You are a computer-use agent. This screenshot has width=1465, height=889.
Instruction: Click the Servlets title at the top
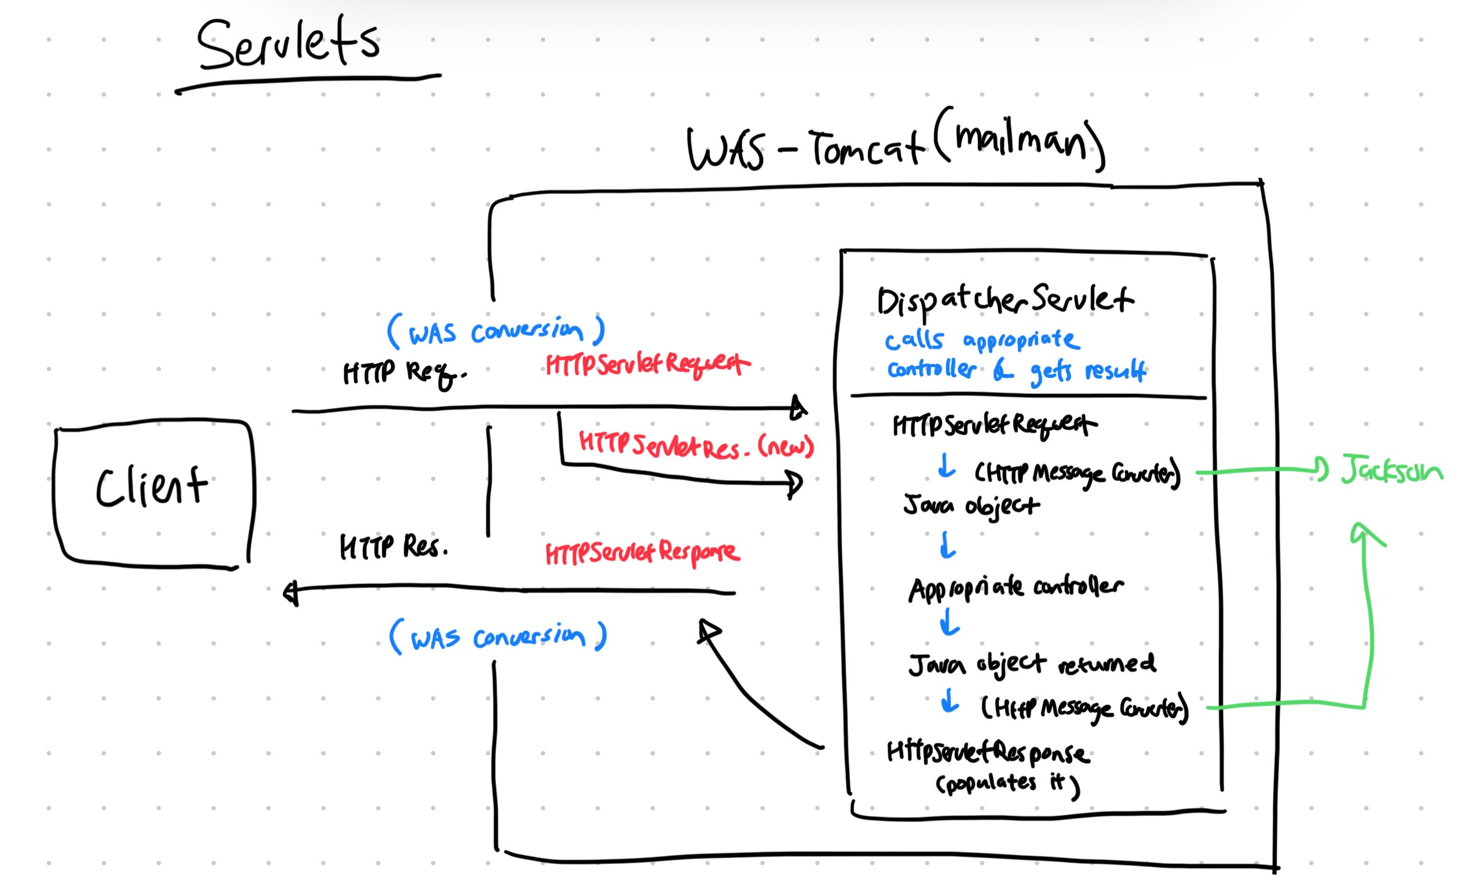(x=288, y=44)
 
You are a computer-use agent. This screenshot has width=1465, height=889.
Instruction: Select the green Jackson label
(x=1392, y=470)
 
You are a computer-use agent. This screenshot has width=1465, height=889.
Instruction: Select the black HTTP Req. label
(x=403, y=372)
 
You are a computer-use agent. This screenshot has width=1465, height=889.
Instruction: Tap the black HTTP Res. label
(x=393, y=546)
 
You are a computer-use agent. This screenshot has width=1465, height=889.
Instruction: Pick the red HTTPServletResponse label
(x=642, y=553)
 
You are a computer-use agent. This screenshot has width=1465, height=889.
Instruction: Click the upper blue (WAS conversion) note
(x=495, y=332)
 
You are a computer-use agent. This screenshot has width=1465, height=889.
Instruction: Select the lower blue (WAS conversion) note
(x=498, y=638)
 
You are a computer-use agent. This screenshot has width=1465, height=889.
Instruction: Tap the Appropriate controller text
(x=1015, y=588)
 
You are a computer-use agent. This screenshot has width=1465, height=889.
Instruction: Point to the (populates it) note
(x=1007, y=784)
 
